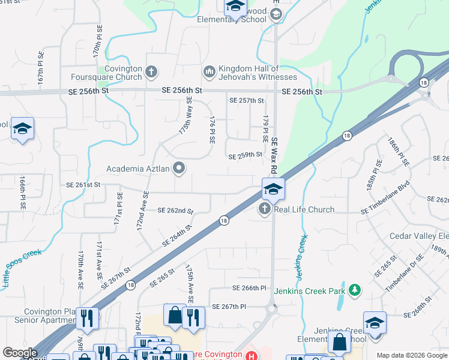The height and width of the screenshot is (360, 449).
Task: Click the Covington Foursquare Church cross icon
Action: coord(151,73)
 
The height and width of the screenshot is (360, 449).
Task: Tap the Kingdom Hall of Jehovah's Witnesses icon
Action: coord(209,73)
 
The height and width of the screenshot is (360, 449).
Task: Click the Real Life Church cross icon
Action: coord(265,209)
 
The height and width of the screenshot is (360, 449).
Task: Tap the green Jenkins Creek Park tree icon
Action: coord(355,291)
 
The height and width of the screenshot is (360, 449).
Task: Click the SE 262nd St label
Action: coord(175,211)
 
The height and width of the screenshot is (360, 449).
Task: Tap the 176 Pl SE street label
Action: coord(212,130)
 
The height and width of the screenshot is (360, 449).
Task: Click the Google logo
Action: coord(20,353)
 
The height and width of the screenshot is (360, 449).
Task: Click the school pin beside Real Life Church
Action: coord(273,190)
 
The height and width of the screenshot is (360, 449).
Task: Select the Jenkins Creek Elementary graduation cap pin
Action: coord(374,323)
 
